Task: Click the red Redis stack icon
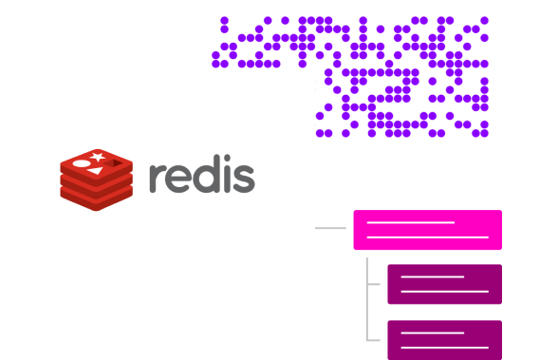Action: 97,179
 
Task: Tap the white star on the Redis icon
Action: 98,157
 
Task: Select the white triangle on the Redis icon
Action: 95,171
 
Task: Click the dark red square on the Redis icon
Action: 113,163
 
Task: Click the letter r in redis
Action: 157,179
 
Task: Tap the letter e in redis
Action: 179,179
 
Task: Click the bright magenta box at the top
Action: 427,230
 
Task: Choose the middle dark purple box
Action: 444,284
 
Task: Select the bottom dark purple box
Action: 444,339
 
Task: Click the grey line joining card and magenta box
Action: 330,228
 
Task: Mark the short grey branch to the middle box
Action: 374,283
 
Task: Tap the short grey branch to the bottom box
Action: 374,339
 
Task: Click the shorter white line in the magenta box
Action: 411,223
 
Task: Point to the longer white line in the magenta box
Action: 427,237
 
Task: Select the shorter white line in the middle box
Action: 432,277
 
